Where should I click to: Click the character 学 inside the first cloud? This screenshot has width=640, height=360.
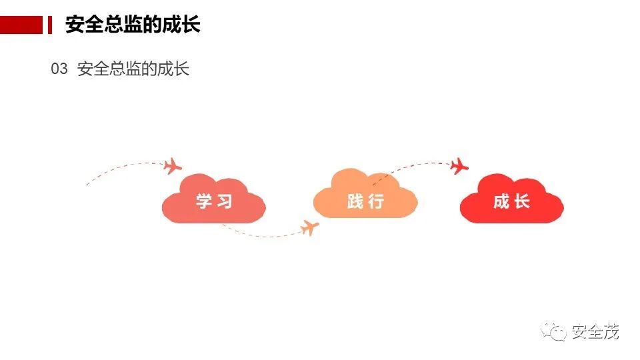pyautogui.click(x=204, y=201)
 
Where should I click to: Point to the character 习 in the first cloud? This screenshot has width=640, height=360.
pyautogui.click(x=225, y=201)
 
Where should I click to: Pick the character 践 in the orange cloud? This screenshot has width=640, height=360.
pyautogui.click(x=355, y=201)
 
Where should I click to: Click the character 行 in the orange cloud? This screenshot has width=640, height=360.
pyautogui.click(x=377, y=201)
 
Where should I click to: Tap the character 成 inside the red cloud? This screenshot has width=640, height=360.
pyautogui.click(x=501, y=201)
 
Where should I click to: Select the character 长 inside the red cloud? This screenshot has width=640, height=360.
pyautogui.click(x=522, y=201)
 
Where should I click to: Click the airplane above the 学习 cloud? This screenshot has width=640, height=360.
pyautogui.click(x=173, y=165)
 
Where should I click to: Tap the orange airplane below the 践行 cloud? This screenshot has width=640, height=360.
pyautogui.click(x=309, y=228)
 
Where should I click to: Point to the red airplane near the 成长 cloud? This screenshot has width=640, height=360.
pyautogui.click(x=459, y=166)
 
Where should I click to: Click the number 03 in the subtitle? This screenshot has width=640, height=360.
pyautogui.click(x=59, y=69)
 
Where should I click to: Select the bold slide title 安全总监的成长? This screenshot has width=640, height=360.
pyautogui.click(x=133, y=25)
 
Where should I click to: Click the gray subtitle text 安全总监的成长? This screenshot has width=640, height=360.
pyautogui.click(x=133, y=69)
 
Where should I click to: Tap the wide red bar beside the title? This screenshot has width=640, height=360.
pyautogui.click(x=21, y=25)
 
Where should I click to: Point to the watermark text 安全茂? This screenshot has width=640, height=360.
pyautogui.click(x=595, y=331)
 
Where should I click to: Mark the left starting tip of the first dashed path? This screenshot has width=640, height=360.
pyautogui.click(x=86, y=185)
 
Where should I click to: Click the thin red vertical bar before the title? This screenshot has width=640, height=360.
pyautogui.click(x=49, y=25)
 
